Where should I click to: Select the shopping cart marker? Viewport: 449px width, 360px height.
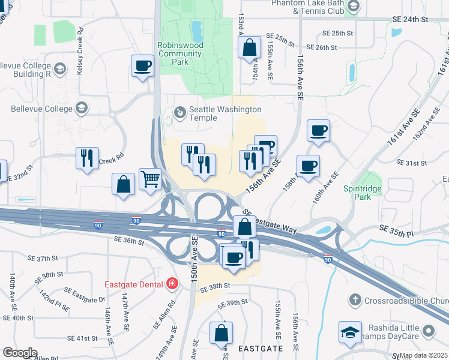click(150, 178)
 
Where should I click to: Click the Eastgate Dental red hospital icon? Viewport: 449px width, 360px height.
click(172, 283)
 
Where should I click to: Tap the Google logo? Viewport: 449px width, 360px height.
click(20, 353)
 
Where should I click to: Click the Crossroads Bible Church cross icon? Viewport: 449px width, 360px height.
click(355, 299)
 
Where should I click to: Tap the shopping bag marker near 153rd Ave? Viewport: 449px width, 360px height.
click(249, 47)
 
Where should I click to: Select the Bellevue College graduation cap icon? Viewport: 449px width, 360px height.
click(82, 109)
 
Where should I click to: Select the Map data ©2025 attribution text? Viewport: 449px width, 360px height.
click(424, 355)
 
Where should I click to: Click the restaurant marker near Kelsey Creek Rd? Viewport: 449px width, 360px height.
click(88, 158)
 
